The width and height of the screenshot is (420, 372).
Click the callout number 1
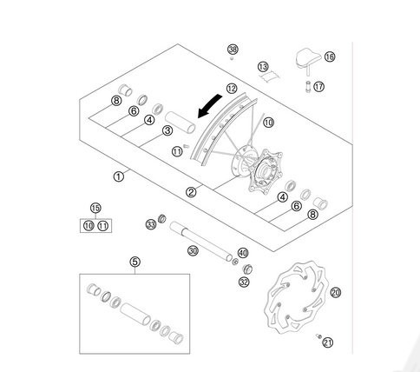[x=119, y=176]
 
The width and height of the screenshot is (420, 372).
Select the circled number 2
[x=191, y=192]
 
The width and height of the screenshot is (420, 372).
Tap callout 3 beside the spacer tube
[x=167, y=130]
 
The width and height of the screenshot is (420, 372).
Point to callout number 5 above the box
[x=135, y=262]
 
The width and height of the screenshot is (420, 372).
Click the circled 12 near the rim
[x=232, y=89]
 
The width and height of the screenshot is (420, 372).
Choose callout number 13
[x=263, y=67]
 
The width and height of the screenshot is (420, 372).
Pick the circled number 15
[x=95, y=208]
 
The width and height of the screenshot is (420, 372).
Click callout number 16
[x=330, y=56]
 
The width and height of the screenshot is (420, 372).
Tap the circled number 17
[x=318, y=86]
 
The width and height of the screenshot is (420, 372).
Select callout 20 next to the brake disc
[x=336, y=292]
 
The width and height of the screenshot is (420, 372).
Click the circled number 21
[x=328, y=342]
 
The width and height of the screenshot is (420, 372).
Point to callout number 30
[x=193, y=250]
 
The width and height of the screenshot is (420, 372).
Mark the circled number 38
[x=233, y=50]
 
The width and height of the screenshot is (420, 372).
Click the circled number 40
[x=243, y=253]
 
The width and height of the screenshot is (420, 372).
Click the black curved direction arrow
[x=209, y=107]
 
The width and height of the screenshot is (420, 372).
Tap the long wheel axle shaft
[x=200, y=241]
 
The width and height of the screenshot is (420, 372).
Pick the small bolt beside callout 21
[x=318, y=336]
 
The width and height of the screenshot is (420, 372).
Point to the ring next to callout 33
[x=162, y=219]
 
